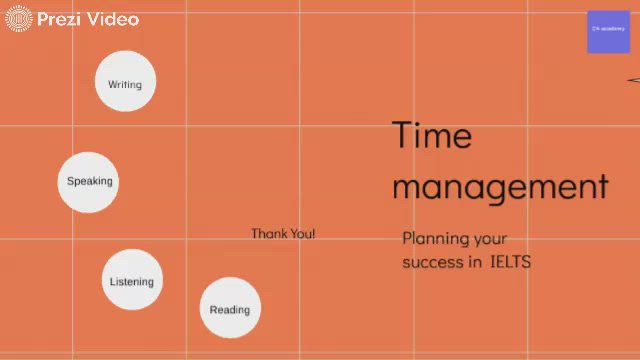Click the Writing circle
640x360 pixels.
[x=125, y=80]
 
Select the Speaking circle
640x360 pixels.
[x=88, y=182]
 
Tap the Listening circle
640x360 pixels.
[x=132, y=279]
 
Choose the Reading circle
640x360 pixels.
[x=230, y=308]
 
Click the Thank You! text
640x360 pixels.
[x=283, y=233]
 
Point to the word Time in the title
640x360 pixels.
[x=431, y=135]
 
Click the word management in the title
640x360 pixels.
[x=500, y=186]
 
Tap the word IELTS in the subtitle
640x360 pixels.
[x=510, y=262]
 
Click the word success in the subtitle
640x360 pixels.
[x=433, y=262]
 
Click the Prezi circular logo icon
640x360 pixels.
[x=19, y=19]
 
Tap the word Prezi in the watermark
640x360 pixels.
[x=59, y=19]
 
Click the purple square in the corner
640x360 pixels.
[x=608, y=31]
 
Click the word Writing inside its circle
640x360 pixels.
[x=125, y=84]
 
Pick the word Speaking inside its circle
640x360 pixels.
[x=90, y=181]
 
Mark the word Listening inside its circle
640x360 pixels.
[x=132, y=281]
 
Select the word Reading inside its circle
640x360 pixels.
[x=230, y=309]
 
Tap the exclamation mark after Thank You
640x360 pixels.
[x=313, y=233]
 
